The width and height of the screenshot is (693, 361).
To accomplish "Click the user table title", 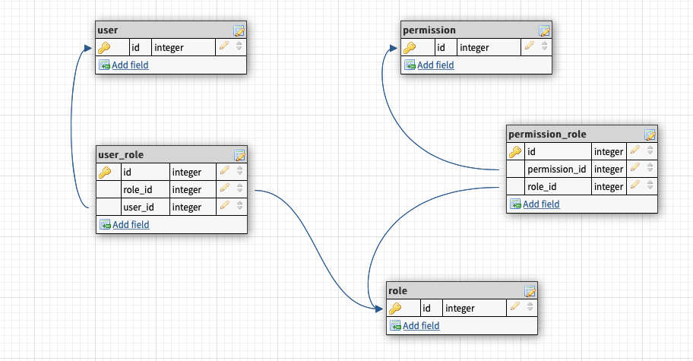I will [108, 30].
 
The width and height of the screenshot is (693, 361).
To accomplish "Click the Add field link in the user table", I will [130, 65].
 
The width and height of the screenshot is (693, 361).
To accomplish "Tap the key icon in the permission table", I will [410, 48].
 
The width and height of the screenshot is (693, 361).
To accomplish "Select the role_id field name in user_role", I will [141, 190].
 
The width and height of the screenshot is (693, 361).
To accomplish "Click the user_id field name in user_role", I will [140, 207].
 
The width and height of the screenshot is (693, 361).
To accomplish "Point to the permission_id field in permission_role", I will [556, 169].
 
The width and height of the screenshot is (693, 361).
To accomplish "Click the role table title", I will [397, 291].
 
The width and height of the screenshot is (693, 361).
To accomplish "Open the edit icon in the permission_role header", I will [650, 135].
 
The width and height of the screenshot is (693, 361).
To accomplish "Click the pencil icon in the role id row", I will [514, 308].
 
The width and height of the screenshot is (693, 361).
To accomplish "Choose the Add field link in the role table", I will [421, 326].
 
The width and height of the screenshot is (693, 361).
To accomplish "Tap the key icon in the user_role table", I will [105, 173].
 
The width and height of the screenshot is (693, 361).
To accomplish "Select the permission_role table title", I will [546, 135].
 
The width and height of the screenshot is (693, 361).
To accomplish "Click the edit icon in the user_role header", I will [239, 155].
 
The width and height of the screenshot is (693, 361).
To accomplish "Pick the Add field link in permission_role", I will [541, 204].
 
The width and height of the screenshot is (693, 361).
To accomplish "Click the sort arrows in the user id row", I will [239, 47].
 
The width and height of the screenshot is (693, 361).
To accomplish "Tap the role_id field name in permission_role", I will [543, 186].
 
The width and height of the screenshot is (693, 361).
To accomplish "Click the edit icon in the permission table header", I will [544, 31].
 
